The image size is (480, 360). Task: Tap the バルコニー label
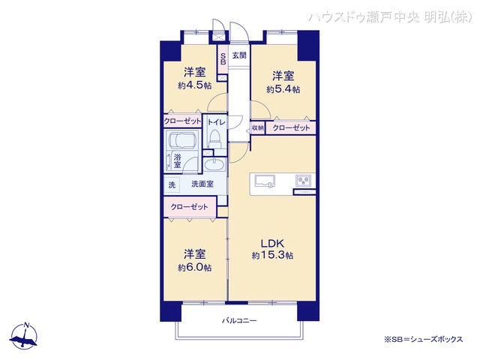[239, 321]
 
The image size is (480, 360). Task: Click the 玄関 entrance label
[238, 55]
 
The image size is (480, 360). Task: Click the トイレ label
[216, 121]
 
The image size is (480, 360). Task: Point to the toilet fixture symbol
[215, 138]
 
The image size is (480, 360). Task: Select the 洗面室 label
[202, 184]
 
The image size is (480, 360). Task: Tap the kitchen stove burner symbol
[304, 180]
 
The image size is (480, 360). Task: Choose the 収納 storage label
[257, 128]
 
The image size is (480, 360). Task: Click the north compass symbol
[26, 337]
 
